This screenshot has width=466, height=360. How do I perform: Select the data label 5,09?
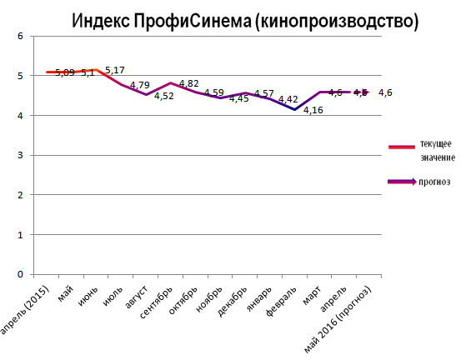coord(65,73)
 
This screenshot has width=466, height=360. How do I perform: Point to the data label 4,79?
coord(139,85)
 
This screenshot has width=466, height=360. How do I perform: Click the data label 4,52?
coord(163,107)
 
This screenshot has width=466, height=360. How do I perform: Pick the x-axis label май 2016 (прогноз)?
coord(342,321)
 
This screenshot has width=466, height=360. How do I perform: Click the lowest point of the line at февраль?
coord(293,110)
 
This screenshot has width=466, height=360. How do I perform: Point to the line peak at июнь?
coord(96,70)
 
